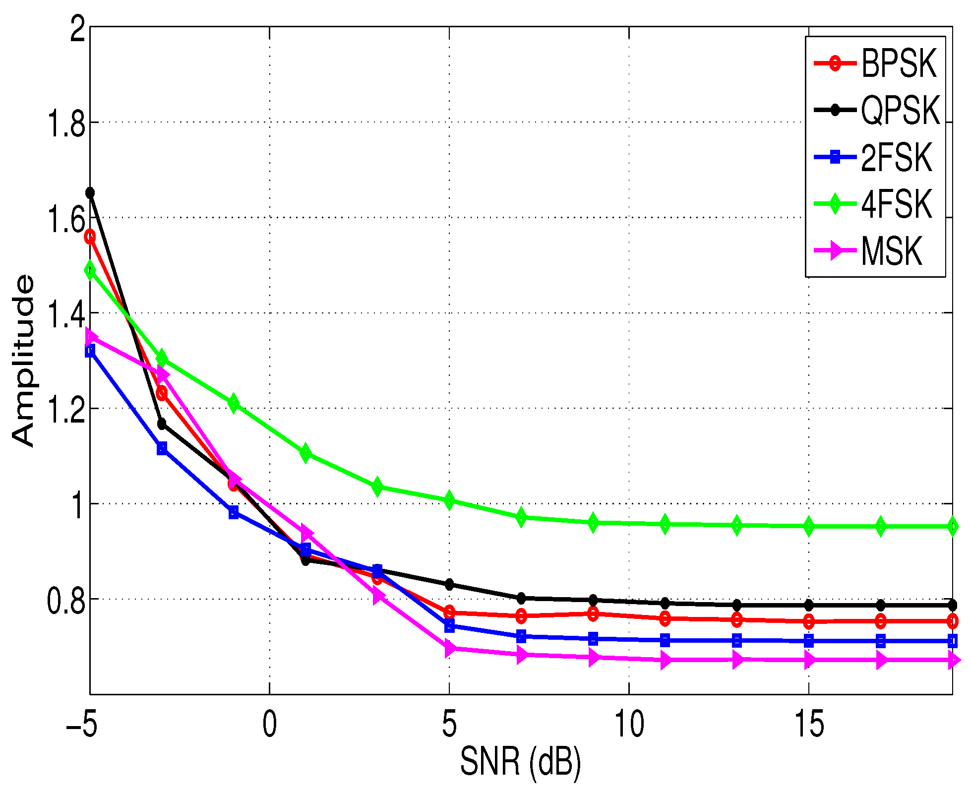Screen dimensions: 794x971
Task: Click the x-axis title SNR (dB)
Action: coord(520,761)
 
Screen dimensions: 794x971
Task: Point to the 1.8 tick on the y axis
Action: coord(65,122)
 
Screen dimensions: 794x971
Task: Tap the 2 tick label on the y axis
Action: coord(78,29)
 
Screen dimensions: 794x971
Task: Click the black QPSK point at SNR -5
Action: coord(90,192)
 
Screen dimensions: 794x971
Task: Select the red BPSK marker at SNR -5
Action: coord(90,237)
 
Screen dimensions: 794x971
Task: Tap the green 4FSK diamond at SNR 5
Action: coord(449,500)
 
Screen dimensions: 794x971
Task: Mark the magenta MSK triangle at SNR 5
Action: coord(449,648)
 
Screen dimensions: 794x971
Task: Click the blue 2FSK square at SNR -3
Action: coord(162,449)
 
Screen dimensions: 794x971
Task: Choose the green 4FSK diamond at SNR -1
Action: coord(234,404)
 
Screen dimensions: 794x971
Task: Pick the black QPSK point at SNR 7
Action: coord(521,598)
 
